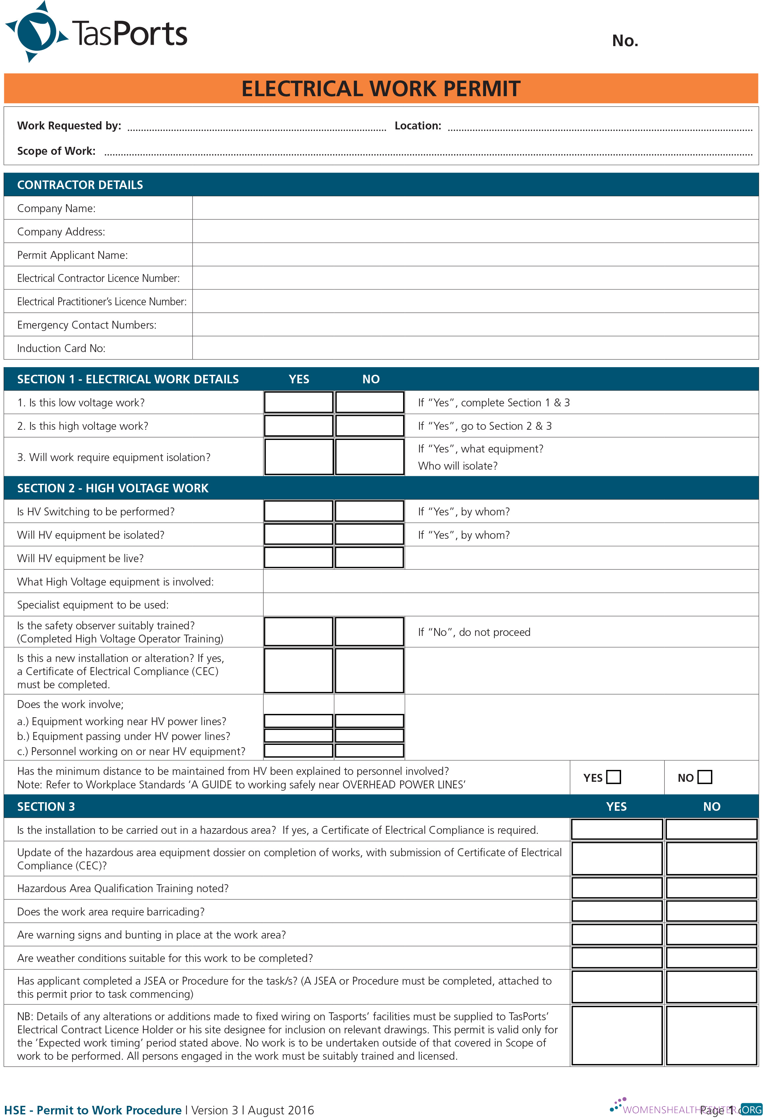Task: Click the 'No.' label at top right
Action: [624, 41]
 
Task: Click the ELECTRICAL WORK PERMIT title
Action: [380, 89]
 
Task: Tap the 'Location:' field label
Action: [418, 126]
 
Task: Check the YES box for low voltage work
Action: [298, 402]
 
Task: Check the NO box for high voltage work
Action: [369, 426]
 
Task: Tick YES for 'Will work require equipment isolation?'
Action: [298, 456]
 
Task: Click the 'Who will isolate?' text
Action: [457, 466]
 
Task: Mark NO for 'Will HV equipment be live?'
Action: [369, 558]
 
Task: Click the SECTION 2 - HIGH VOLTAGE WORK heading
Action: [113, 488]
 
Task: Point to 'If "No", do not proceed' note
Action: [474, 632]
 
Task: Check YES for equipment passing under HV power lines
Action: [298, 735]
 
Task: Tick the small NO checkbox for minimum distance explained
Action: [704, 777]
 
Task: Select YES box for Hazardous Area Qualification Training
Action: [616, 887]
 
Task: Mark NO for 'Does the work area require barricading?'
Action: [711, 911]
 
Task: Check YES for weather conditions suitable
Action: [616, 957]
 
